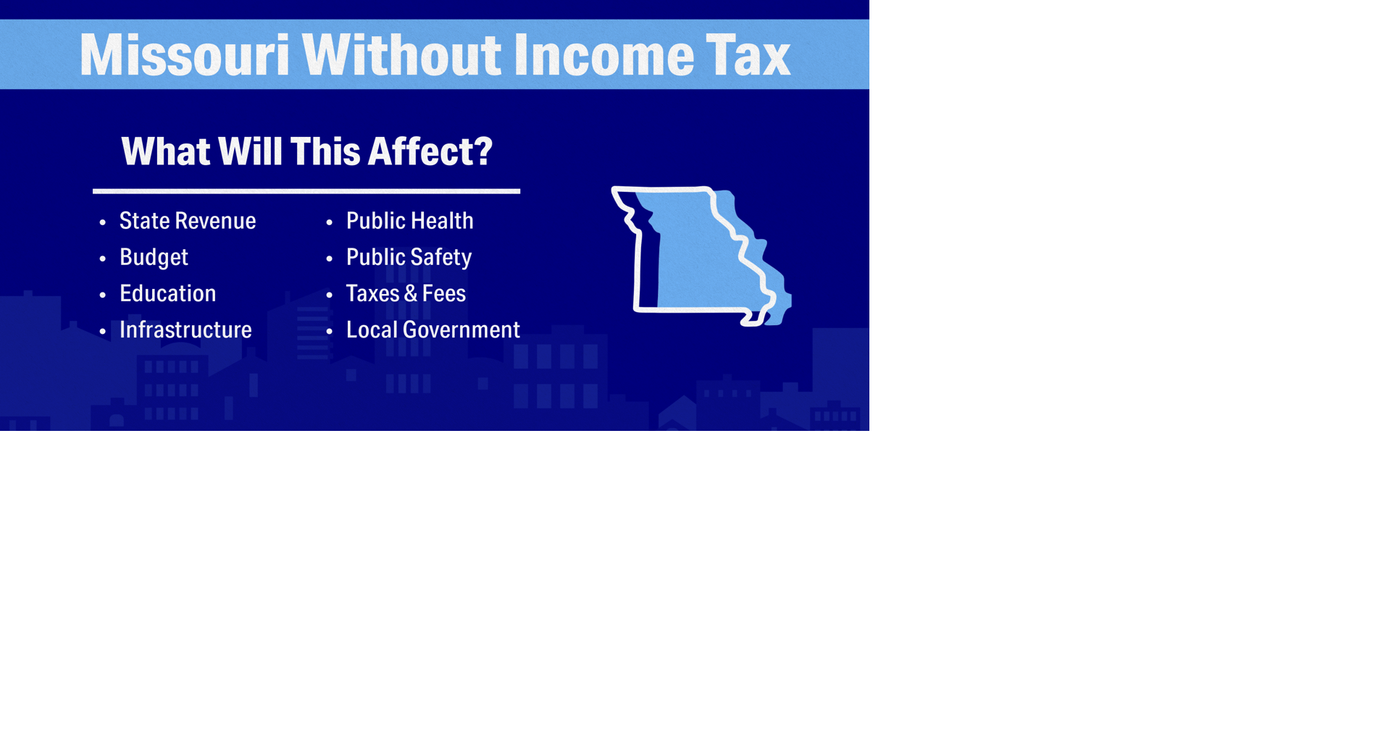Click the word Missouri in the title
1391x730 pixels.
click(x=184, y=55)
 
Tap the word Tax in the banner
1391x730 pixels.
click(x=748, y=55)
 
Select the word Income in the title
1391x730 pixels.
click(x=604, y=55)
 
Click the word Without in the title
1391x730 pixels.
click(x=401, y=55)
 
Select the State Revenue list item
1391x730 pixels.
click(x=187, y=221)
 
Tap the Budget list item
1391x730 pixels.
click(x=154, y=258)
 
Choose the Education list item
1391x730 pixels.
click(x=167, y=293)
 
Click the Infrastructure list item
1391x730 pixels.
click(x=185, y=330)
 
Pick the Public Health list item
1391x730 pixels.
click(x=409, y=221)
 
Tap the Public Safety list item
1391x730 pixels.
click(x=409, y=258)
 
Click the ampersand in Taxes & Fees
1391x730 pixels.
click(x=410, y=294)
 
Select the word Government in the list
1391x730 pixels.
click(x=461, y=330)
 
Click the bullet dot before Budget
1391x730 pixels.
click(x=103, y=259)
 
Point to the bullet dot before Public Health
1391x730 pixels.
click(x=330, y=222)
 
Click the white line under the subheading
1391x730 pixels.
click(x=306, y=191)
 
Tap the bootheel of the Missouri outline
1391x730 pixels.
click(x=753, y=319)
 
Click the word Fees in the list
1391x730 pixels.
click(x=443, y=294)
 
